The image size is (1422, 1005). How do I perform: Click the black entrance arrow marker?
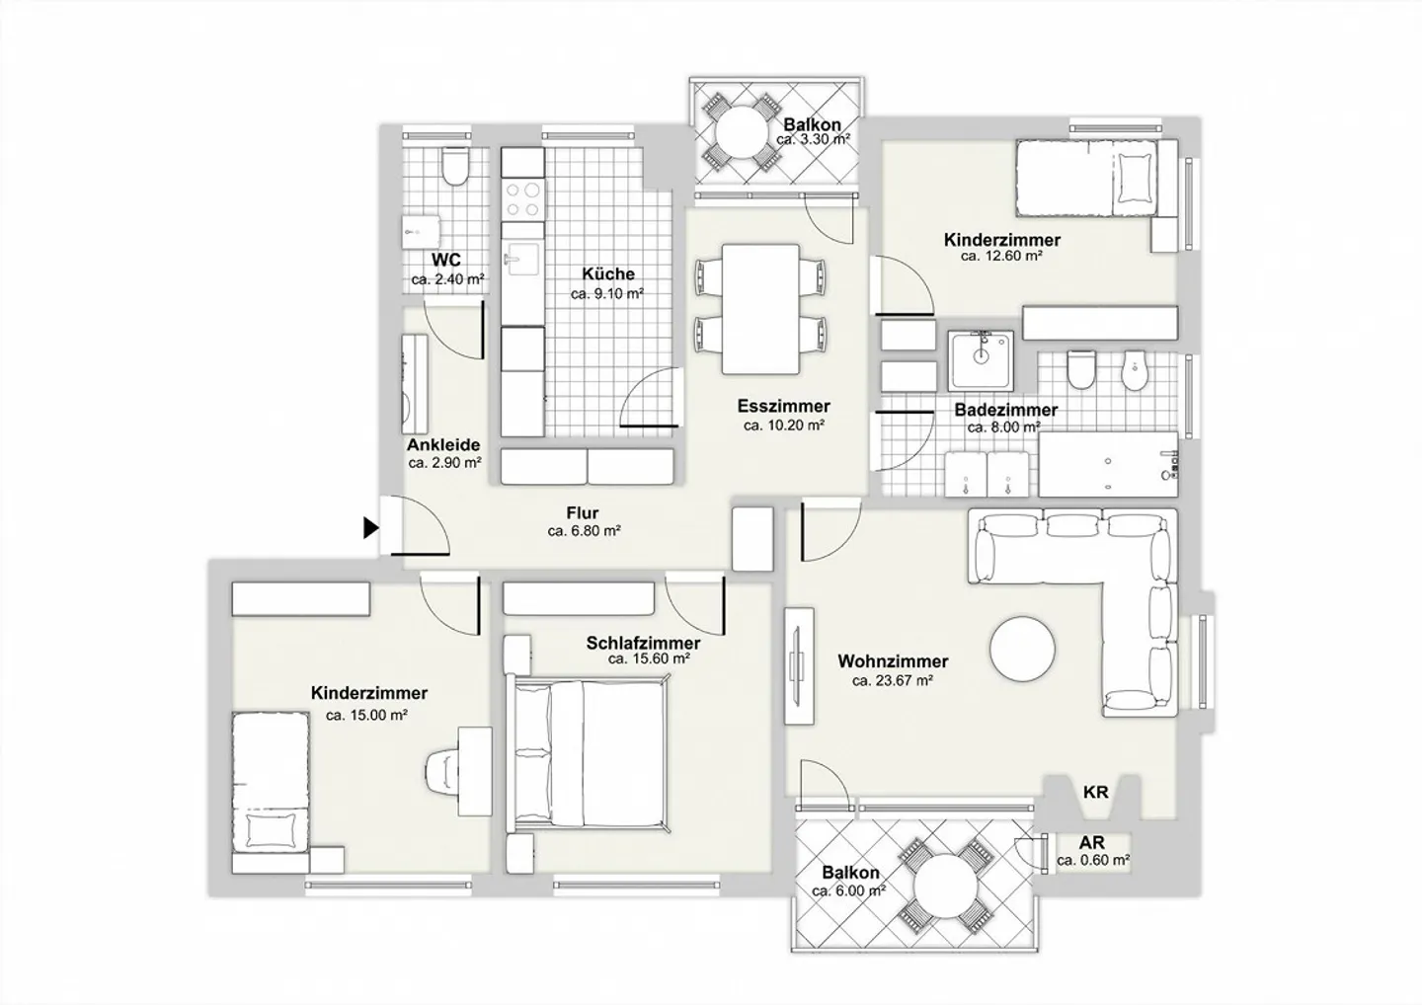370,528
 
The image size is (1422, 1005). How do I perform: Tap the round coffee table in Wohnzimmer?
1022,649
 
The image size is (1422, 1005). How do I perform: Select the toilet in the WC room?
454,166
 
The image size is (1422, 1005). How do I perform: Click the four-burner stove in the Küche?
522,199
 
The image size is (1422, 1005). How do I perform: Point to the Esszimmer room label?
783,406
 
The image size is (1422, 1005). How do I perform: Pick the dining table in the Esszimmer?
760,309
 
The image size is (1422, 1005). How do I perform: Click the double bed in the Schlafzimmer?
588,754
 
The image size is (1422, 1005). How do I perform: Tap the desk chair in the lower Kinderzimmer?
441,771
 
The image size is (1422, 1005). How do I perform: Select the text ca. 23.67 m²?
893,681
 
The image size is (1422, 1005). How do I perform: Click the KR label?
1095,792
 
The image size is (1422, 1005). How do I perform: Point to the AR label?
1092,842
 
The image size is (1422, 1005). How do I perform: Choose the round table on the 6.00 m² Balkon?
946,886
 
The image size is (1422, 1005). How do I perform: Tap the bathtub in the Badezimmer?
1108,464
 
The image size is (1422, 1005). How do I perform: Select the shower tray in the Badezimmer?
981,360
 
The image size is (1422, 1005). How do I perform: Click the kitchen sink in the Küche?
521,259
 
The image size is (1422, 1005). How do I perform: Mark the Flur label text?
583,512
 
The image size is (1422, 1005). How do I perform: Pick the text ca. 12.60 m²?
1001,256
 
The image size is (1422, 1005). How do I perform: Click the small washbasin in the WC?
421,233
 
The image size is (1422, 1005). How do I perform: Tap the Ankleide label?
443,445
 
